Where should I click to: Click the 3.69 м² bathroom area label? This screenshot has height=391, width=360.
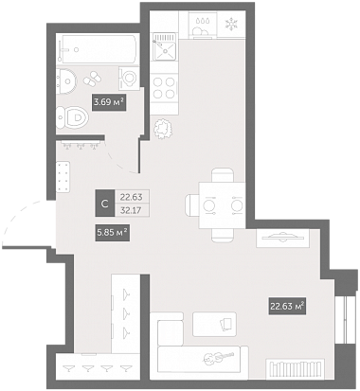109,102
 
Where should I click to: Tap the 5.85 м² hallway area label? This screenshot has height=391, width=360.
113,233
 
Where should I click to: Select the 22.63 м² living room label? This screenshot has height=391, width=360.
287,306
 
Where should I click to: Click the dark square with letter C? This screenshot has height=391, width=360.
105,204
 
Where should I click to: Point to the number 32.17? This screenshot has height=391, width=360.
131,210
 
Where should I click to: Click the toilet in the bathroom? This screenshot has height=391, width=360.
72,117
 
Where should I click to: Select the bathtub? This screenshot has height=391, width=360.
98,49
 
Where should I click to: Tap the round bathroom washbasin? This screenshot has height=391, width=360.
66,80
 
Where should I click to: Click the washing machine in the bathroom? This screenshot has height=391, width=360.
129,78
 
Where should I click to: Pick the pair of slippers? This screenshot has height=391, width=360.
92,79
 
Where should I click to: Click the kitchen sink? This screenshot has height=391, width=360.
164,47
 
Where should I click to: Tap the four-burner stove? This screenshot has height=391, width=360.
164,87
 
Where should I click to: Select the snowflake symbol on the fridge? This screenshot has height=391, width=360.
231,24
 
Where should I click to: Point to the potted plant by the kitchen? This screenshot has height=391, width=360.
163,128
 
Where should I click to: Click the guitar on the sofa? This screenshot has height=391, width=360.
219,357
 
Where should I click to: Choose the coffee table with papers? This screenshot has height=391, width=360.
215,324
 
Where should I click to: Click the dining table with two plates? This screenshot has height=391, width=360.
222,205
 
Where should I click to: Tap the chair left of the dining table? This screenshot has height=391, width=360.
191,205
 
